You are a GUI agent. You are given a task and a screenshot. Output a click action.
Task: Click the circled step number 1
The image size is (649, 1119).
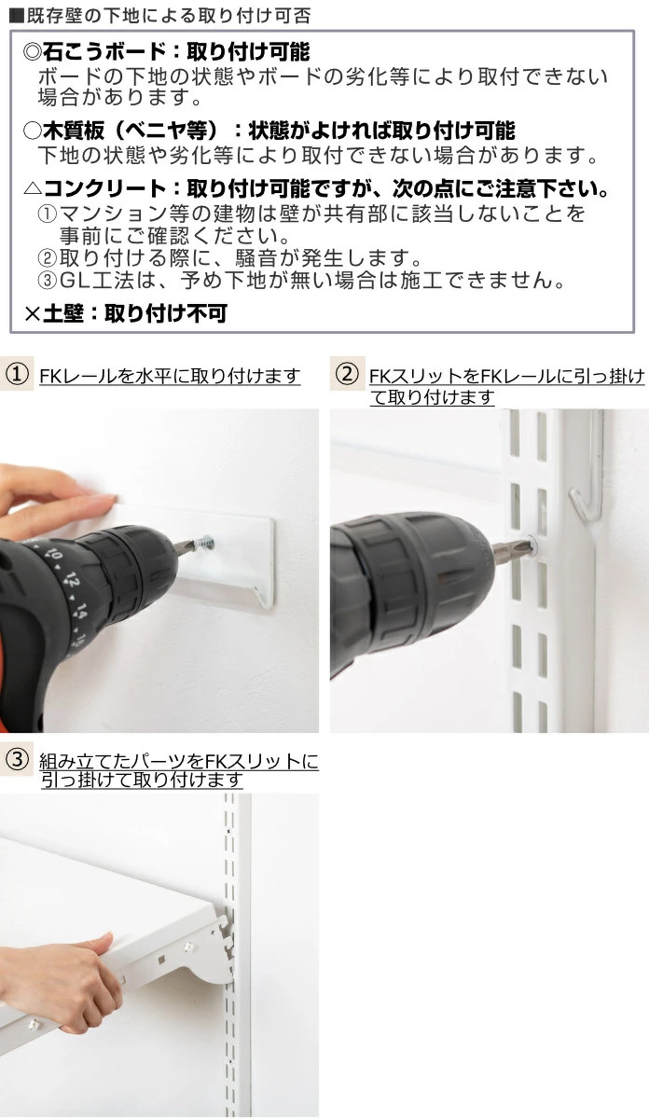pyautogui.click(x=15, y=375)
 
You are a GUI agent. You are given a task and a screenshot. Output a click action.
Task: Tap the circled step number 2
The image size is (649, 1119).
pyautogui.click(x=345, y=375)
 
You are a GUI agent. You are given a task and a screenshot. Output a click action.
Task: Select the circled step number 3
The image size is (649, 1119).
pyautogui.click(x=15, y=760)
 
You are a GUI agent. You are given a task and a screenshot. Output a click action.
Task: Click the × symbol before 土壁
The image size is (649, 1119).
pyautogui.click(x=31, y=312)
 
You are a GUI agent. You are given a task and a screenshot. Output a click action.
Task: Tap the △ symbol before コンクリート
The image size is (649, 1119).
pyautogui.click(x=31, y=189)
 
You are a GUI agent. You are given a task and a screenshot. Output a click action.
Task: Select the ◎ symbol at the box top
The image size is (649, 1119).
pyautogui.click(x=31, y=52)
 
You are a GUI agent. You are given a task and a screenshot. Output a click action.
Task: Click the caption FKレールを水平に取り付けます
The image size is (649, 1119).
pyautogui.click(x=170, y=376)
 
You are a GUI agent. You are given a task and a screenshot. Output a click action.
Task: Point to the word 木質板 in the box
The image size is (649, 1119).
pyautogui.click(x=68, y=130)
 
